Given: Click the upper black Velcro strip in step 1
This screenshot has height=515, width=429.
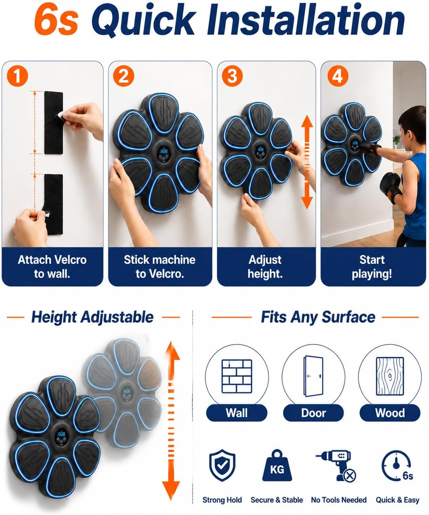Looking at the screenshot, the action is point(54,123).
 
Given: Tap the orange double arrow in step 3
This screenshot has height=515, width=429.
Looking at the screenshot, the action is point(307,162).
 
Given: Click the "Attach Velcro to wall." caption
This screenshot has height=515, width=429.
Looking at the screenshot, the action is point(52,267).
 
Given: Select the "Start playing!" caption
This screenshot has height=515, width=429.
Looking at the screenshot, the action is point(372,267).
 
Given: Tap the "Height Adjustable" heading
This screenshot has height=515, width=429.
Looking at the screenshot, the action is point(92,317).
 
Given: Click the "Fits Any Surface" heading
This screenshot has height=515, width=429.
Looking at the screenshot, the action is point(318,317).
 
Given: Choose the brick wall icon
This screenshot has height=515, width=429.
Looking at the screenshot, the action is point(237,376).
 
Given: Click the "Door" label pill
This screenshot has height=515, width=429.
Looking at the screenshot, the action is point(313,413).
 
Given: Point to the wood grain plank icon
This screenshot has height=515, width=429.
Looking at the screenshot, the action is point(390,377).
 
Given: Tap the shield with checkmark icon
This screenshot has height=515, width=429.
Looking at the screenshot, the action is point(222,465).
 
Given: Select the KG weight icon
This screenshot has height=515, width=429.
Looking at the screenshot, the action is point(277,465).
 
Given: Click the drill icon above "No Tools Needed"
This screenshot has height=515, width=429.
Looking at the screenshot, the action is point(336,466).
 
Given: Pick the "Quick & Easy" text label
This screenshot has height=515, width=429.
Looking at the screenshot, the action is point(398,500).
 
